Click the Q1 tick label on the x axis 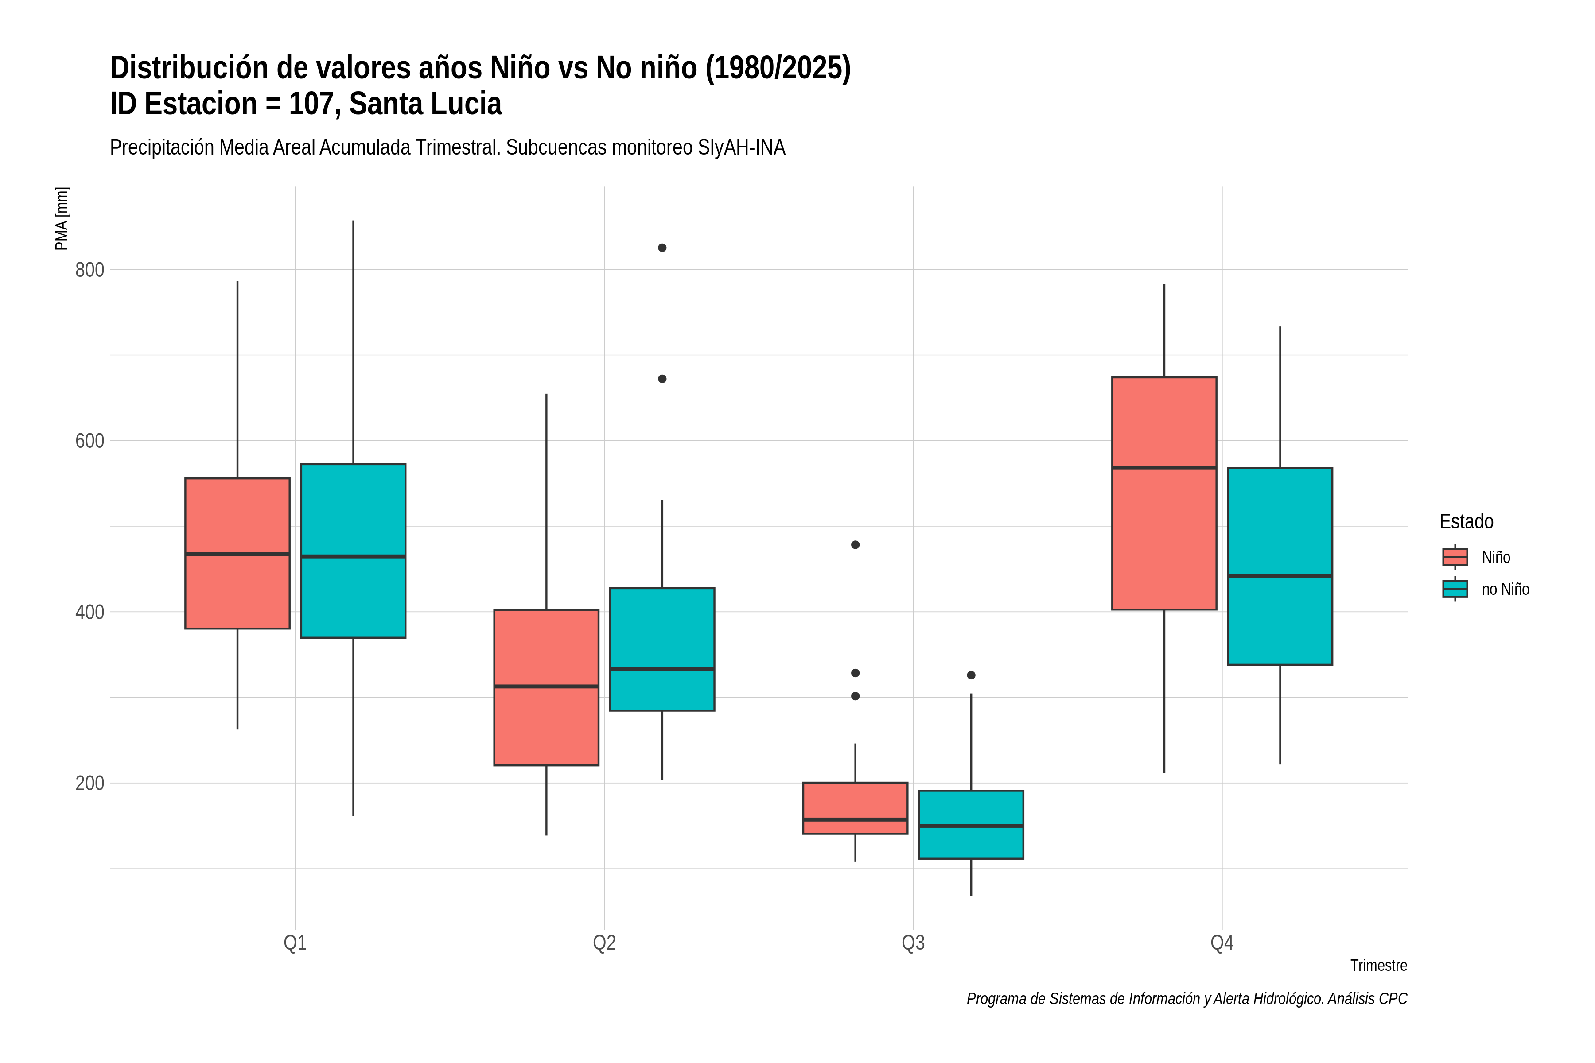(295, 943)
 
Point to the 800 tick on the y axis (89, 270)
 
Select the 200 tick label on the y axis (89, 783)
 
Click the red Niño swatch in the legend (1455, 557)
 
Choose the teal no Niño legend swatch (1455, 589)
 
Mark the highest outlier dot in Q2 (662, 248)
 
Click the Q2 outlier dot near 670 (662, 379)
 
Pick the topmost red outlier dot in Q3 (855, 545)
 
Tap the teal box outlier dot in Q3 (971, 675)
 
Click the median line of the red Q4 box (1164, 468)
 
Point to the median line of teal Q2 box (662, 668)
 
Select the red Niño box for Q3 (855, 808)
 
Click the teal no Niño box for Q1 (353, 551)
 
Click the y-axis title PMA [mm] (62, 219)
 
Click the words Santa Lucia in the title (425, 104)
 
